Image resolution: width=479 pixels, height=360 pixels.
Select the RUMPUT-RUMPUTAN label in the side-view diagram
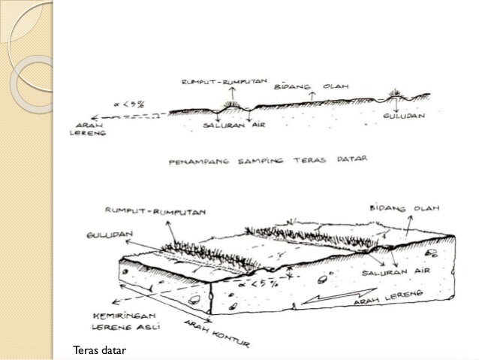[x=221, y=80]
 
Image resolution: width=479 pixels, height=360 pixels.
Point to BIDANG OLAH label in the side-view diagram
[x=307, y=86]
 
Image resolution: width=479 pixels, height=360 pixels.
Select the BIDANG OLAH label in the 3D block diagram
[x=405, y=207]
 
